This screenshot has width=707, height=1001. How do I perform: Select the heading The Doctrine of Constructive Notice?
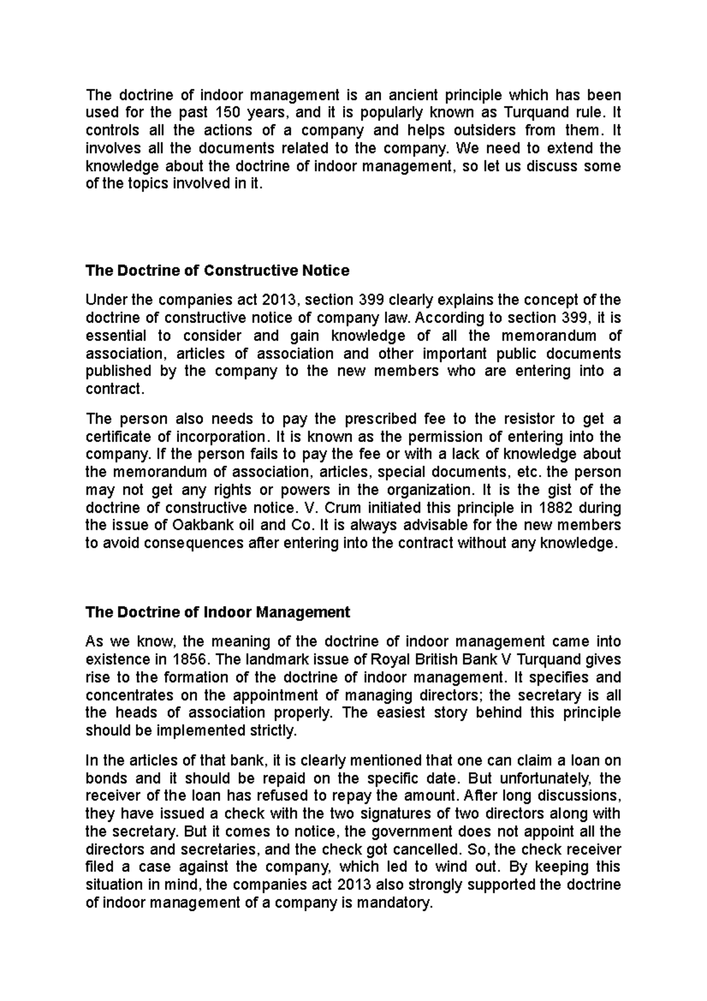pyautogui.click(x=217, y=271)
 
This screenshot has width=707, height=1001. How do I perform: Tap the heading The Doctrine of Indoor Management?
pyautogui.click(x=217, y=612)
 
